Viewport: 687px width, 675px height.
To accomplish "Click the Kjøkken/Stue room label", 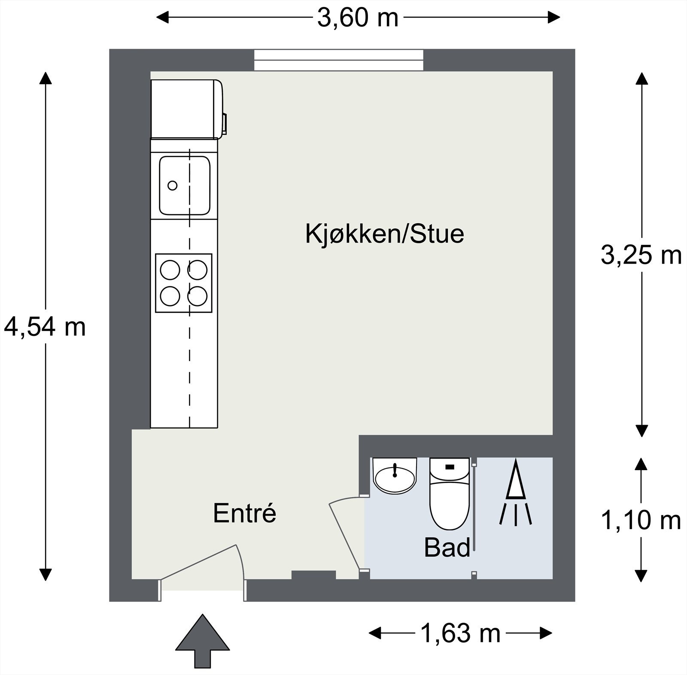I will click(x=384, y=234).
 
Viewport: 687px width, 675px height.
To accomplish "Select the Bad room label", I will click(x=447, y=548).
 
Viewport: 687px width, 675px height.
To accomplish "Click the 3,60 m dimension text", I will click(x=358, y=18).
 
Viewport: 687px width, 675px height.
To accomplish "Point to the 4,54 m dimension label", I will click(x=45, y=327).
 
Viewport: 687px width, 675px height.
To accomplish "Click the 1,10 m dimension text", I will click(x=641, y=521).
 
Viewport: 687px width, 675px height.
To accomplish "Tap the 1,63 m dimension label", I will click(x=460, y=633).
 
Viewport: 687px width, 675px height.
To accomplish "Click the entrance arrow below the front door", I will click(x=202, y=640).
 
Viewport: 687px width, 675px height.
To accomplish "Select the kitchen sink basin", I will click(x=185, y=185).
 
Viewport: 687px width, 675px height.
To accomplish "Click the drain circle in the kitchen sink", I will click(x=173, y=185).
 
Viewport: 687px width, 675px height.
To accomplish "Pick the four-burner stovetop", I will click(x=184, y=283).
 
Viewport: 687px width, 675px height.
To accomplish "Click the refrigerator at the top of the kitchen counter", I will click(x=186, y=109).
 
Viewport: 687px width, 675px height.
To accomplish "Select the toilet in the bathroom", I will click(x=449, y=494).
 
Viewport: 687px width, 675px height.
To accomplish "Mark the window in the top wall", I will click(x=339, y=60).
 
